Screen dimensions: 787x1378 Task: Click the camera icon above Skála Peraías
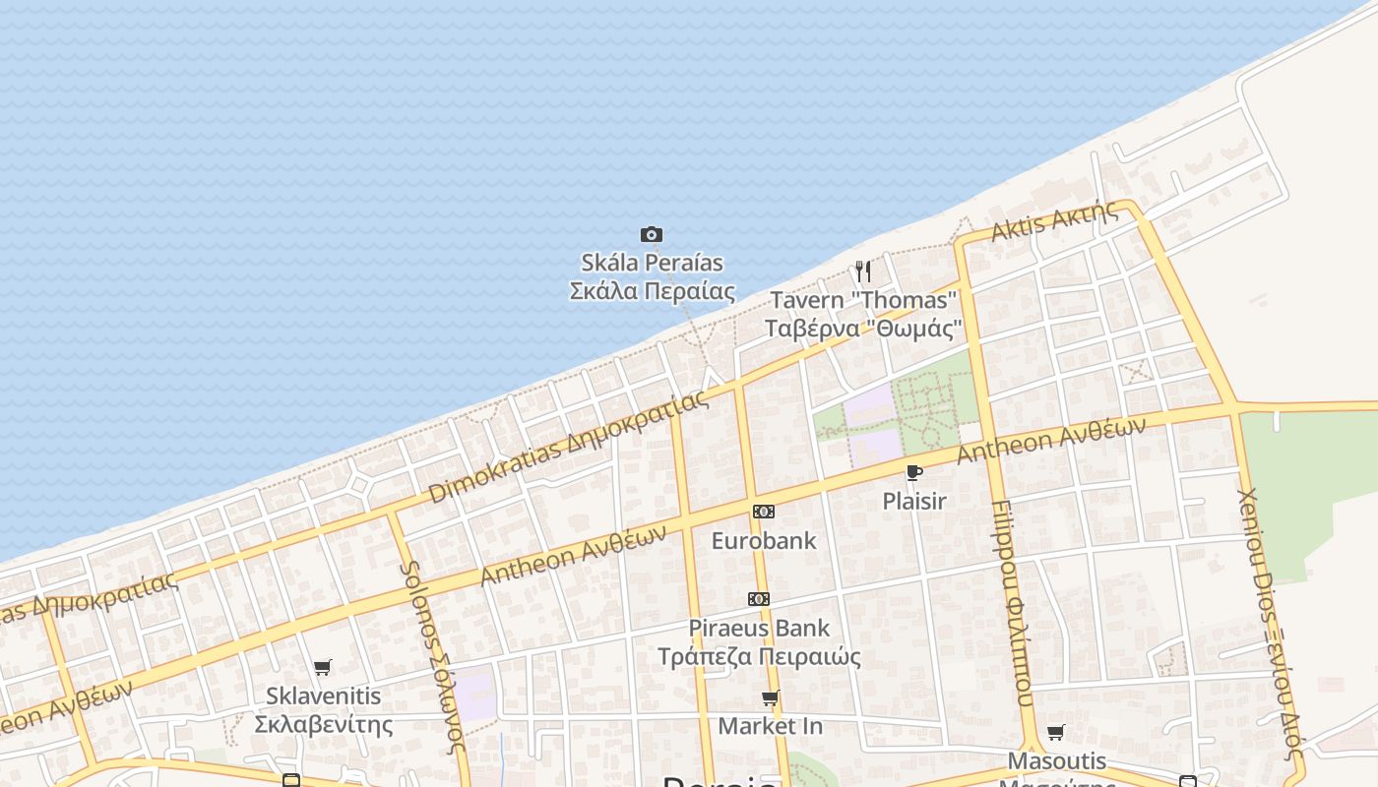(x=651, y=234)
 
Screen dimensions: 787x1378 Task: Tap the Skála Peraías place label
(x=653, y=276)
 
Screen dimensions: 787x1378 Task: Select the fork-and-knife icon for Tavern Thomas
(x=862, y=271)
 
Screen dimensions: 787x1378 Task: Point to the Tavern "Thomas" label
(x=863, y=314)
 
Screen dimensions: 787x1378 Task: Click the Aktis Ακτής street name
(x=1054, y=221)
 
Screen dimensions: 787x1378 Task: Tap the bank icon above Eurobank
(x=763, y=512)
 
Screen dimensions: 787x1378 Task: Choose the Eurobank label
(x=764, y=540)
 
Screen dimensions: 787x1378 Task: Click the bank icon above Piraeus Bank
(x=758, y=599)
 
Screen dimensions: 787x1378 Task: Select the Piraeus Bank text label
(x=759, y=641)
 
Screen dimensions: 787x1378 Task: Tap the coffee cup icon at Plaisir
(x=914, y=473)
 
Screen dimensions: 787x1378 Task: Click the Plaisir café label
(x=914, y=501)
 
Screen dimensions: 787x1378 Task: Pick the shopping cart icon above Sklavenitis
(x=322, y=668)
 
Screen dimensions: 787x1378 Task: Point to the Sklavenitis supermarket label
(x=323, y=710)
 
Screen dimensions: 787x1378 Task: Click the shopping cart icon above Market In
(x=770, y=698)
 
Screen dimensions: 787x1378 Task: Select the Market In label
(x=770, y=726)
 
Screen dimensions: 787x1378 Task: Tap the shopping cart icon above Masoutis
(x=1056, y=732)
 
